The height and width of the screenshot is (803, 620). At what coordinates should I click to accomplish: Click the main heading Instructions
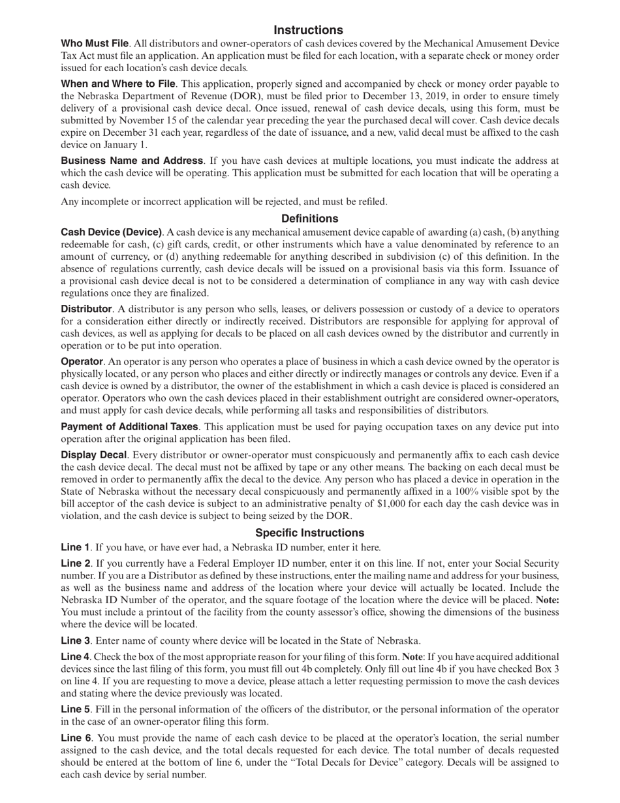tap(308, 30)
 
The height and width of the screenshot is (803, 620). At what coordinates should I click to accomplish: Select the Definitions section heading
tap(309, 218)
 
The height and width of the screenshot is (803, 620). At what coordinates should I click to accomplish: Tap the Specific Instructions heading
tap(309, 532)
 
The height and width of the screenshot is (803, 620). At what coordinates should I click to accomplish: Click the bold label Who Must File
tap(94, 44)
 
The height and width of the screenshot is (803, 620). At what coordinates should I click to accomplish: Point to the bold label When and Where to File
tap(117, 84)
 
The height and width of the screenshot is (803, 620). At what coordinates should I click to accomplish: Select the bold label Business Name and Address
tap(132, 161)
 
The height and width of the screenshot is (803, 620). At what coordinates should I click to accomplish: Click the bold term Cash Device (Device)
tap(111, 232)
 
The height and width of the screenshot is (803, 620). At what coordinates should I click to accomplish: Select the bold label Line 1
tap(75, 548)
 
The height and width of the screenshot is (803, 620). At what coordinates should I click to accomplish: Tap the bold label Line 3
tap(75, 640)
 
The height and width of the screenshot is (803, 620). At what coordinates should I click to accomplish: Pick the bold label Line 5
tap(75, 710)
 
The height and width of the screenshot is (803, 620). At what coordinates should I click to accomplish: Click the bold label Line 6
tap(75, 738)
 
